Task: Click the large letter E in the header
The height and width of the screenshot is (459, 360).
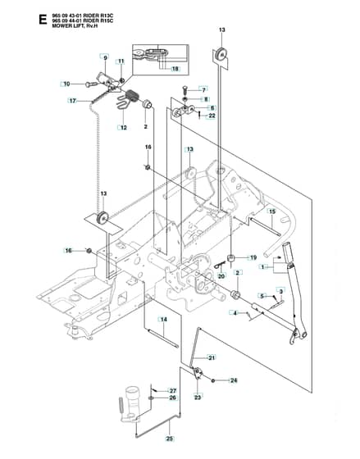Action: [43, 20]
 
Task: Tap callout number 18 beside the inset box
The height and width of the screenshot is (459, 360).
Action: [175, 69]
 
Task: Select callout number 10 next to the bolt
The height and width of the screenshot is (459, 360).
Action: [66, 84]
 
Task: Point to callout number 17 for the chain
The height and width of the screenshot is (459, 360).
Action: [73, 101]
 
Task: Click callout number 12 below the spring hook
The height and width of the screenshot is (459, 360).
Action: [123, 128]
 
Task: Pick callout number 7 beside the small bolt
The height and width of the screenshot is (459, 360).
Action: [204, 90]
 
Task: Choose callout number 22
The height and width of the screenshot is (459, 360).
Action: [212, 116]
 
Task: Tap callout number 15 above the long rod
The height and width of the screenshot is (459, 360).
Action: [272, 211]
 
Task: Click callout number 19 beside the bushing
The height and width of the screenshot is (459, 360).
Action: [253, 257]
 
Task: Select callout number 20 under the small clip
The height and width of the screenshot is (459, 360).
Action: [221, 276]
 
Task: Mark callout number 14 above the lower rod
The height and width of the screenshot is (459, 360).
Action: [164, 320]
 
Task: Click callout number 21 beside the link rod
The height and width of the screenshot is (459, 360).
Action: [212, 357]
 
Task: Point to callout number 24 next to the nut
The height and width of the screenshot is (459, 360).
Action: [234, 380]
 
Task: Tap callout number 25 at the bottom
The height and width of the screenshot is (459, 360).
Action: [170, 439]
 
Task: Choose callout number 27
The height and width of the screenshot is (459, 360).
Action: [173, 391]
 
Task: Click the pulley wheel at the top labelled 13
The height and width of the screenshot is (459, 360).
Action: [221, 54]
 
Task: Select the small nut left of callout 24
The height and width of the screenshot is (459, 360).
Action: [213, 380]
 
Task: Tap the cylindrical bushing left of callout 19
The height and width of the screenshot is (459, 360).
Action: [232, 258]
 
